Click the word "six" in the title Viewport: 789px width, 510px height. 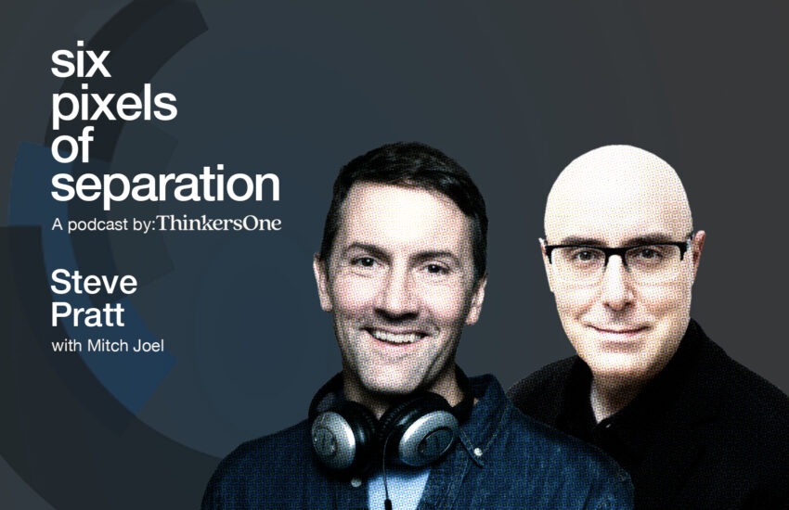81,62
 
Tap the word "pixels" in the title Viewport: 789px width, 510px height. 114,106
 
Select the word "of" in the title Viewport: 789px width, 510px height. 72,145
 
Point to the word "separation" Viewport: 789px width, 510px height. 165,185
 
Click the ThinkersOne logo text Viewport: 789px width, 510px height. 219,223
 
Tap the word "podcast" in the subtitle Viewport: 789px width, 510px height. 97,224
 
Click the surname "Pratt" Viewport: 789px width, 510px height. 87,314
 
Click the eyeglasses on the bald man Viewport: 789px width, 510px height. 617,255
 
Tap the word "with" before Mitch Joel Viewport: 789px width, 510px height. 67,345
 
